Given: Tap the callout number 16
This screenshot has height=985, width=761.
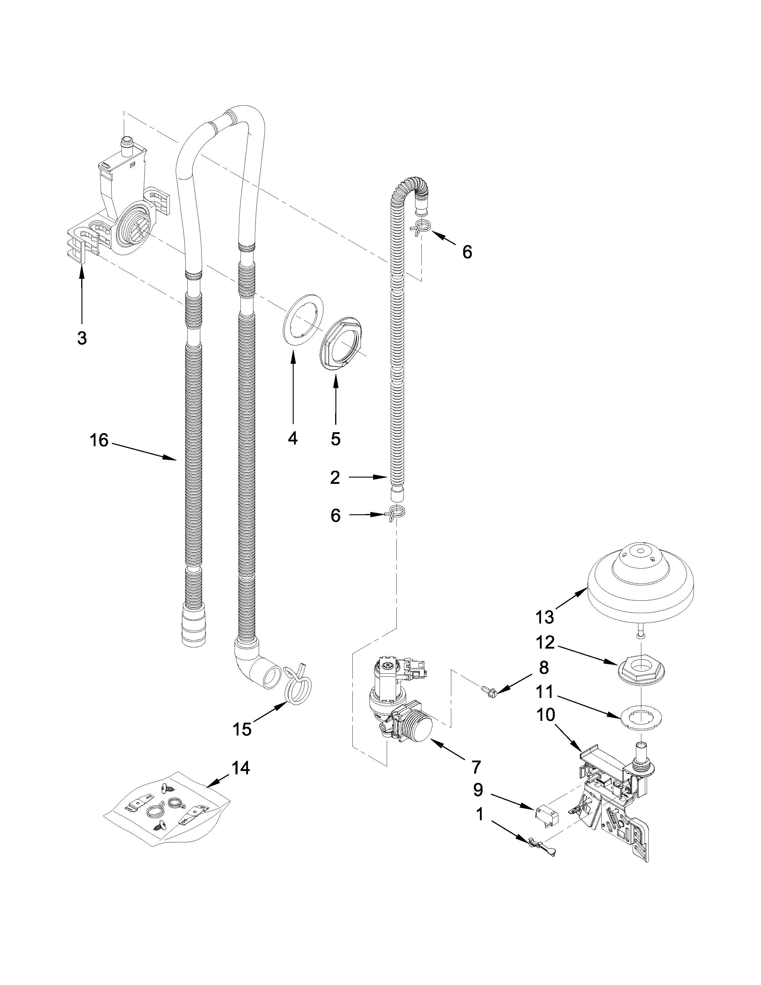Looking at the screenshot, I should tap(99, 441).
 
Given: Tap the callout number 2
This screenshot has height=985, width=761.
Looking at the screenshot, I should tap(335, 478).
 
